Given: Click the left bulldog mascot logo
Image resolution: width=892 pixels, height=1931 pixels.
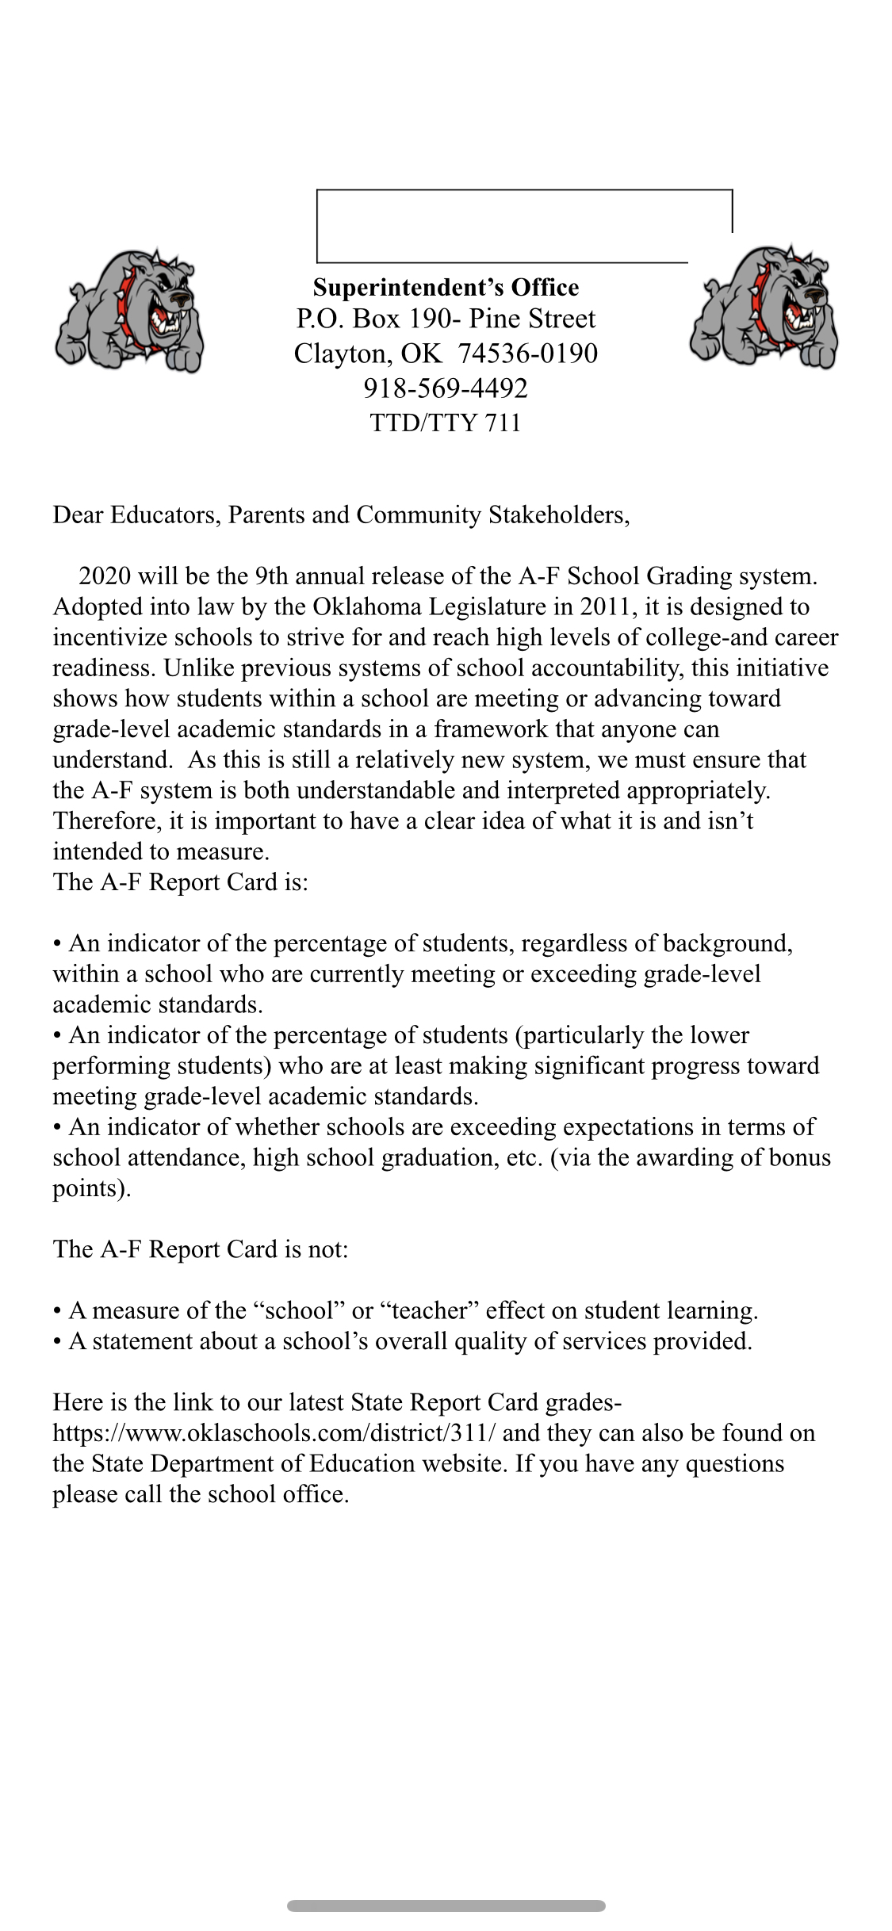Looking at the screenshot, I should click(x=129, y=310).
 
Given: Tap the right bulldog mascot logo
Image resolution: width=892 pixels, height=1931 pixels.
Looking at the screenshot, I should click(x=764, y=307).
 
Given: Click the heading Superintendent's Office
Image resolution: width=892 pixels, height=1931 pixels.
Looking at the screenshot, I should click(x=446, y=287).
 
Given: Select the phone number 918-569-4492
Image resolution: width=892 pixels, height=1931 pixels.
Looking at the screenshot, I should click(x=446, y=388).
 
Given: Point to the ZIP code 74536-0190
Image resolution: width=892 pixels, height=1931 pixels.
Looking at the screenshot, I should click(x=527, y=353).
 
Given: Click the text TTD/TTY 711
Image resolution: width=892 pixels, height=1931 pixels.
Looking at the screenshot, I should click(x=446, y=423).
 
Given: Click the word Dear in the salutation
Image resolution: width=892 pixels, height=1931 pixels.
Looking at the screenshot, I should click(x=78, y=515).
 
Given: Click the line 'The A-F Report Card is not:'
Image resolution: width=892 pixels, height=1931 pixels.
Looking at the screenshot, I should click(x=201, y=1249).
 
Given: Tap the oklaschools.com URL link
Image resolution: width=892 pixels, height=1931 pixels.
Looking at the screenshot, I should click(x=274, y=1433).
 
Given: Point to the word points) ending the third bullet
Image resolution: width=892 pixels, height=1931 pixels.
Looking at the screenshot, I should click(x=91, y=1188).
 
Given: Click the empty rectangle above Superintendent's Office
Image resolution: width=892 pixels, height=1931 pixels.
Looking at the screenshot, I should click(x=523, y=226).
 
